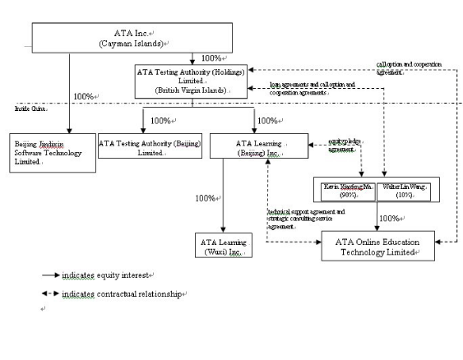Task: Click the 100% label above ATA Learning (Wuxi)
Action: click(206, 198)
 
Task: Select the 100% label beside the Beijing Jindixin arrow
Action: click(85, 97)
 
